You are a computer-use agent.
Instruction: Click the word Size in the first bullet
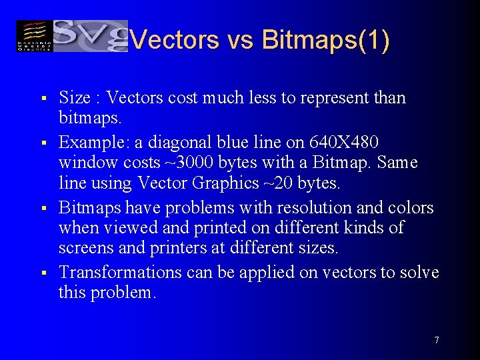(x=75, y=98)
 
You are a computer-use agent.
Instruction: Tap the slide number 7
(x=436, y=340)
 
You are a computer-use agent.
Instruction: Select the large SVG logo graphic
(x=90, y=35)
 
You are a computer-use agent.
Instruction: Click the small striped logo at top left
(x=34, y=36)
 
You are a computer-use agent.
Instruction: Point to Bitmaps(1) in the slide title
(x=327, y=40)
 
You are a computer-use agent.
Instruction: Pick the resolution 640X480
(x=344, y=143)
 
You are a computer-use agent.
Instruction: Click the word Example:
(x=93, y=143)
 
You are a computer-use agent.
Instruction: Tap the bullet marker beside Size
(x=42, y=99)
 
